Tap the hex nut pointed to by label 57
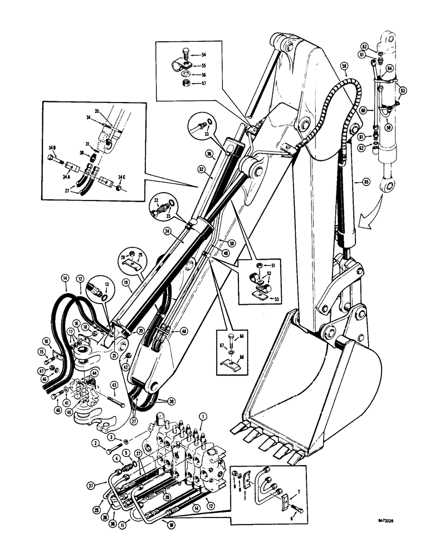click(x=185, y=83)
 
